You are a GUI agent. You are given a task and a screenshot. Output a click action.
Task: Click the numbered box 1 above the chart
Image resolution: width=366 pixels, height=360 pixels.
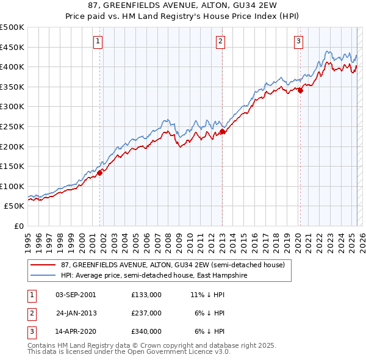click(98, 41)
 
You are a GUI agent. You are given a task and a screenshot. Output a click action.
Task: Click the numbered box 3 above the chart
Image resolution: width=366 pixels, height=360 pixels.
click(298, 41)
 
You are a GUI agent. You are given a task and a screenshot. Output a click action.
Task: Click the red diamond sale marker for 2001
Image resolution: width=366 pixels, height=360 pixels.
click(100, 173)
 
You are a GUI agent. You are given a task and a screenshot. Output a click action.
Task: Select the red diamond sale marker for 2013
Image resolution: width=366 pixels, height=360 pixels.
click(223, 131)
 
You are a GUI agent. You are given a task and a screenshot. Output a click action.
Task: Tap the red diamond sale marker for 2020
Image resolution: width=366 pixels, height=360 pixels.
click(300, 91)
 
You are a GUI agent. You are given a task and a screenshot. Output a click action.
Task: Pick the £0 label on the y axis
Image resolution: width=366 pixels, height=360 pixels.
click(18, 226)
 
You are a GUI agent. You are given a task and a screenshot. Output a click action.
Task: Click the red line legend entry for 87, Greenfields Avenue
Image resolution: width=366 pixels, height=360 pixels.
click(173, 265)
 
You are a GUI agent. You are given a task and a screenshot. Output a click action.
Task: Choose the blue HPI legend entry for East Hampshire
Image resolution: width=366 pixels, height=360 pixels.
click(161, 276)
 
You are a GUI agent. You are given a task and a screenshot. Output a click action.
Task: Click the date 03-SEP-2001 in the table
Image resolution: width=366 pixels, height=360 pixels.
click(76, 295)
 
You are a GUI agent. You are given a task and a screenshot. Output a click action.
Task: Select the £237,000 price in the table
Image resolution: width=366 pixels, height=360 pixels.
click(146, 313)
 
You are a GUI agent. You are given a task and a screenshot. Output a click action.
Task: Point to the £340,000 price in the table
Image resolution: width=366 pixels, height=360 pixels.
click(146, 331)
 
